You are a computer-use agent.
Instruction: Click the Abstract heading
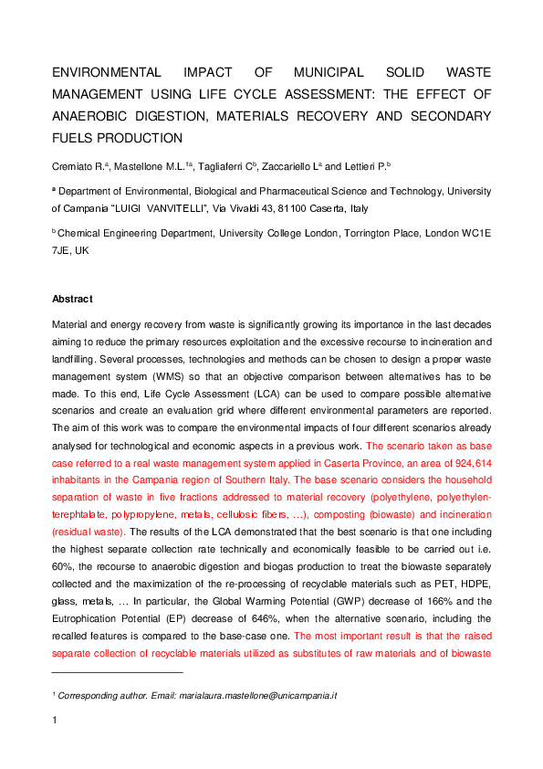(x=72, y=299)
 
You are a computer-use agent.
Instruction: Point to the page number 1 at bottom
(x=55, y=722)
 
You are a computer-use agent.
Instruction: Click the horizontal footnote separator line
(x=118, y=673)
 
